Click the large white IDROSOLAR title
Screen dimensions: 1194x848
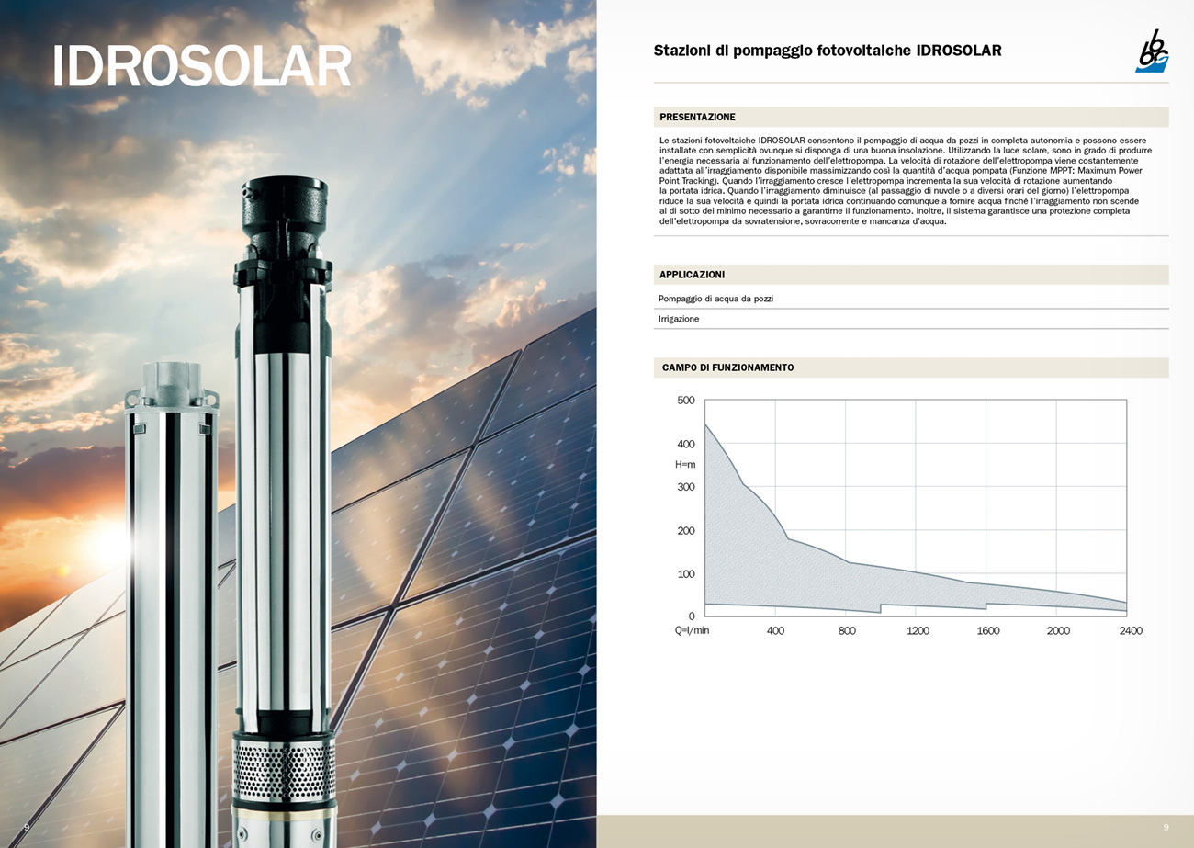pos(201,65)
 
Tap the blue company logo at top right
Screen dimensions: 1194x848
pos(1152,51)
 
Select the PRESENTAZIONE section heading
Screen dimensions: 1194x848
pos(697,117)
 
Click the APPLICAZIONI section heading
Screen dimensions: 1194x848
pos(692,275)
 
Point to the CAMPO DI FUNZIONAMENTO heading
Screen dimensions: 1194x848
pos(727,367)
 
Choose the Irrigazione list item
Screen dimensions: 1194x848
pos(679,319)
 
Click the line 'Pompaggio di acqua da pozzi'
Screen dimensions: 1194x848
pos(715,299)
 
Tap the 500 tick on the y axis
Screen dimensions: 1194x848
pos(686,400)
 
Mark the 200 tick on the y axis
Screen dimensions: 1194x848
pos(686,531)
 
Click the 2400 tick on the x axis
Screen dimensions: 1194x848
pos(1131,631)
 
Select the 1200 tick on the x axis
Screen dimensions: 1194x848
pos(918,631)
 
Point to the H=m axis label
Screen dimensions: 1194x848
pos(685,465)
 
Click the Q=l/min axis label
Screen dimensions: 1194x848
pos(692,630)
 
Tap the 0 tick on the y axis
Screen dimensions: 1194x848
pos(692,616)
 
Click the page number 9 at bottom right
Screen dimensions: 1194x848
pos(1166,827)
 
